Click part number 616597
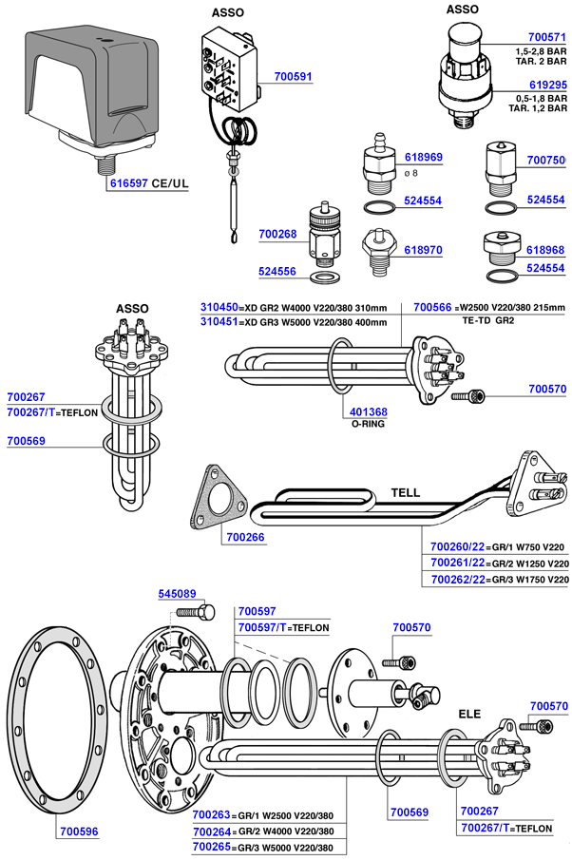coord(129,183)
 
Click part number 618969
coord(424,157)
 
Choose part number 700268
coord(277,234)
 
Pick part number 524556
coord(277,271)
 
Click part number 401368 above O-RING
coord(369,411)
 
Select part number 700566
coord(433,307)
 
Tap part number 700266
coord(245,537)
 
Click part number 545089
coord(175,594)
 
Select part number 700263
coord(212,814)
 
